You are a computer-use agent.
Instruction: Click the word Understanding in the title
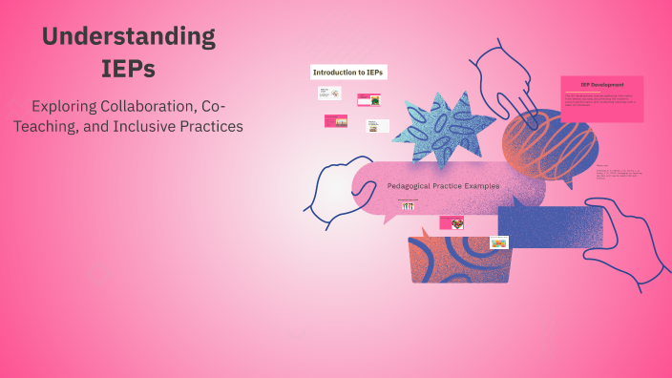[128, 37]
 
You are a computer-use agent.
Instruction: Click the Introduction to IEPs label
[349, 73]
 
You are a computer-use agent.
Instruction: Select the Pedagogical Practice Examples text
[443, 185]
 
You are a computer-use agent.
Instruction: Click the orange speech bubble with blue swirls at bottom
[455, 258]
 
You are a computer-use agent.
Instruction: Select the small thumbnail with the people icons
[408, 204]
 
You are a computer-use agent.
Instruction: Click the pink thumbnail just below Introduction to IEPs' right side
[369, 98]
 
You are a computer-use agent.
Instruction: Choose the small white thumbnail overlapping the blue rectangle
[498, 242]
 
